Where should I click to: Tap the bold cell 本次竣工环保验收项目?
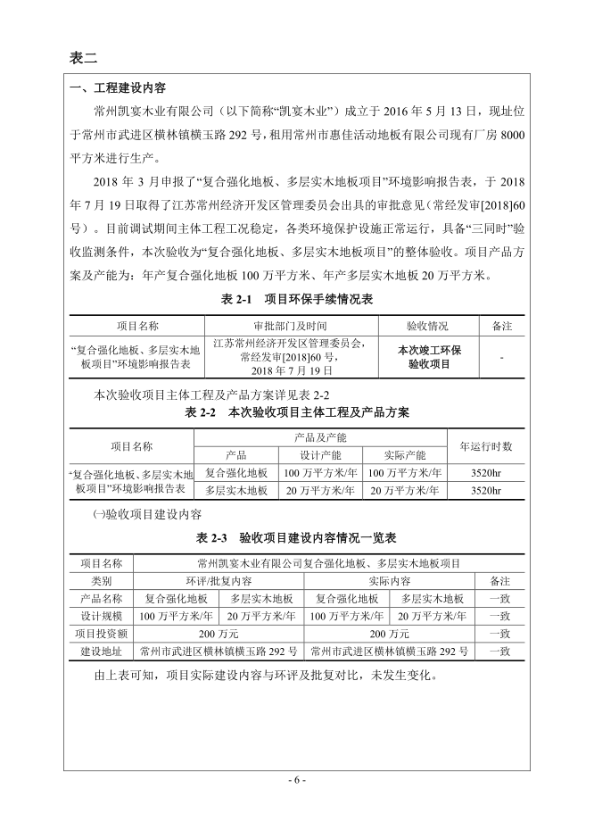point(428,357)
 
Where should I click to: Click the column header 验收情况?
point(428,327)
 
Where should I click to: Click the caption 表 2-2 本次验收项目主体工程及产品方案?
point(296,412)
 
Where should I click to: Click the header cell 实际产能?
point(405,454)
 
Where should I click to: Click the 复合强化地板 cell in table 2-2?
point(236,473)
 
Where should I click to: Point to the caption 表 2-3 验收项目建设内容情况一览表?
point(296,539)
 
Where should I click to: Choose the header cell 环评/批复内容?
point(219,580)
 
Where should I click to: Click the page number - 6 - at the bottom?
point(297,779)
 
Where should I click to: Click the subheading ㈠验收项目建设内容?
point(147,515)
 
